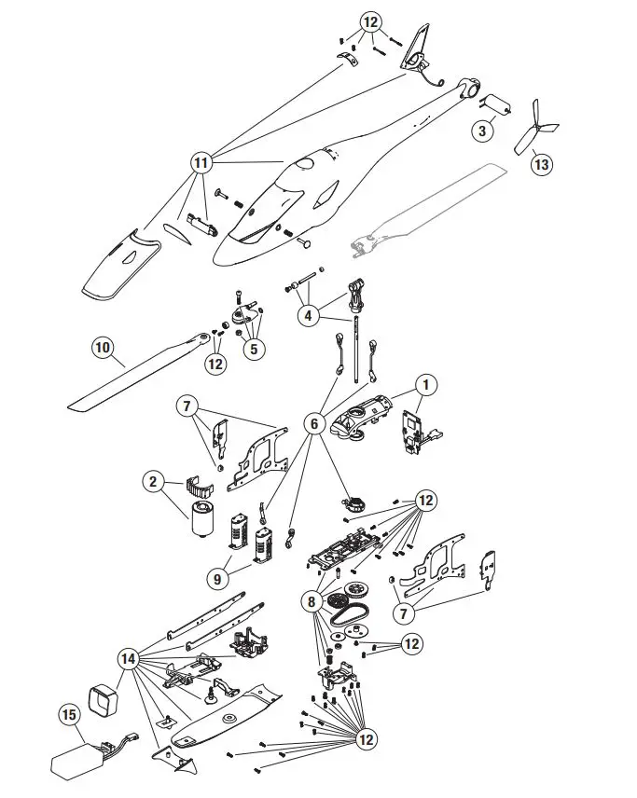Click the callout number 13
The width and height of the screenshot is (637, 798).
[541, 164]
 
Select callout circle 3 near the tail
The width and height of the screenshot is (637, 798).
[482, 131]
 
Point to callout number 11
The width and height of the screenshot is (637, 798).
[200, 161]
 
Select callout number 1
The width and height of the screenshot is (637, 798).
[426, 383]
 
